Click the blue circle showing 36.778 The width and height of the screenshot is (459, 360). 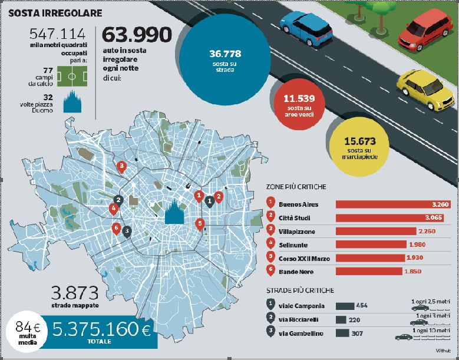point(224,60)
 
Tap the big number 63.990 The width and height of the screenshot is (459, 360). point(137,36)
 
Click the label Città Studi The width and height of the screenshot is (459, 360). point(298,218)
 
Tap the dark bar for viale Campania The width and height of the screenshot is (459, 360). point(345,306)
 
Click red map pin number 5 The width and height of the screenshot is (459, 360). point(200,224)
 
